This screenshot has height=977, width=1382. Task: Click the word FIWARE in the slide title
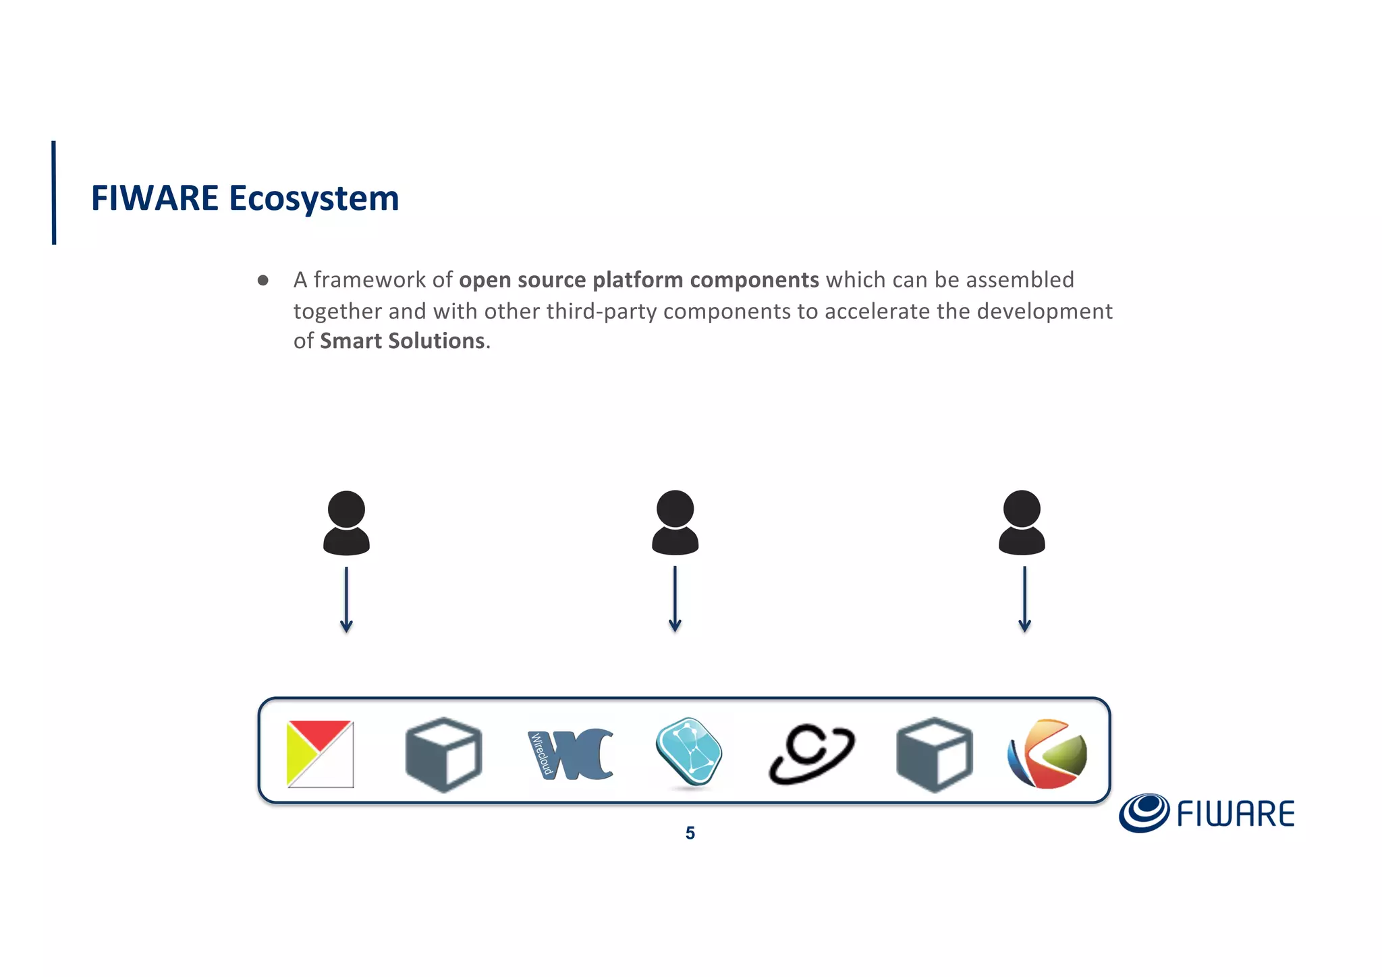[155, 198]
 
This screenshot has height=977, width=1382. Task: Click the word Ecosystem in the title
[314, 198]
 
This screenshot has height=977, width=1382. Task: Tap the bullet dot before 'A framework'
[263, 280]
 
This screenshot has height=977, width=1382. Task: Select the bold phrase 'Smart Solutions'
[402, 341]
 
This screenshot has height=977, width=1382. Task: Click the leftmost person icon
[346, 523]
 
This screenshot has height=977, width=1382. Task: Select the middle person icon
[675, 523]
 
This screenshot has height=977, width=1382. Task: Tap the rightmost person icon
[1022, 523]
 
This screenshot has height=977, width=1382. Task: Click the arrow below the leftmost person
[346, 599]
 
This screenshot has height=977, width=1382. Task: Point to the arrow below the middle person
[675, 599]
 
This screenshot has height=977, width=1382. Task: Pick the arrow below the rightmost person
[1024, 599]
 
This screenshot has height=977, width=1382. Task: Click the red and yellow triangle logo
[320, 754]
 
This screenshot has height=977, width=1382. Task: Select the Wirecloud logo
[571, 754]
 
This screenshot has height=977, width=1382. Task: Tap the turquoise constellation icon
[689, 752]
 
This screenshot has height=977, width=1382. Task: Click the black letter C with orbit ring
[811, 754]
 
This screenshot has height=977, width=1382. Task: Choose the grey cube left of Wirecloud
[443, 754]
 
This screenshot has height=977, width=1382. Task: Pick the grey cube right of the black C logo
[935, 754]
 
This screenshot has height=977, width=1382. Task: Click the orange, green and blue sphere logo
[1047, 754]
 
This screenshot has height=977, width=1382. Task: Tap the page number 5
[690, 833]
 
